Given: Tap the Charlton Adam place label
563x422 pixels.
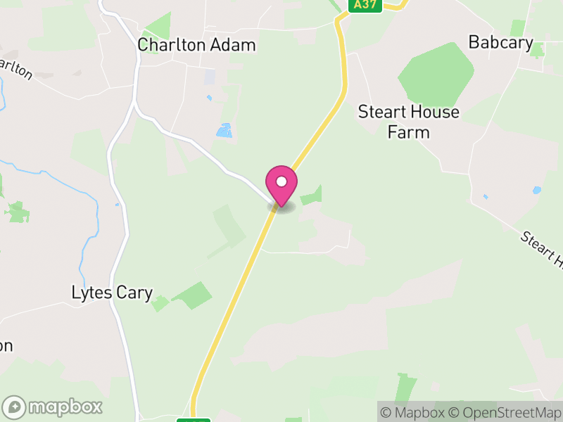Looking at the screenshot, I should pos(196,45).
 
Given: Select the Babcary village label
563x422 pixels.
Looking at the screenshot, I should pos(500,43).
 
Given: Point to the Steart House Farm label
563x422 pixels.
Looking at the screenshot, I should pos(408,122).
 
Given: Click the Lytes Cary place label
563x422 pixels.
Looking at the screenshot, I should pos(113,293).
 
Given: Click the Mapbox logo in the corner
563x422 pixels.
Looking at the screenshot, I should pos(53,407).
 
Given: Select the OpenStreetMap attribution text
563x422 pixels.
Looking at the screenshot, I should pos(505,412).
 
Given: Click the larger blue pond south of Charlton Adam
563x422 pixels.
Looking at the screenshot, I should pos(224,130).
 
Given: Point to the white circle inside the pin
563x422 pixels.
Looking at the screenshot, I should pos(281,181).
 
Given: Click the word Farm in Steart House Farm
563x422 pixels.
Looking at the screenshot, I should pos(408,132).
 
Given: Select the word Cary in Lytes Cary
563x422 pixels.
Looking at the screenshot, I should pos(134,293).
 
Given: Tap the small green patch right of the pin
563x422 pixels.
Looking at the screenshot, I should pos(312,197).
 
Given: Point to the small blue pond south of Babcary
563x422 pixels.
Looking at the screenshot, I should pos(537,190).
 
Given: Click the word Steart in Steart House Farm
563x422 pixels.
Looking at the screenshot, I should pos(381,112).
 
